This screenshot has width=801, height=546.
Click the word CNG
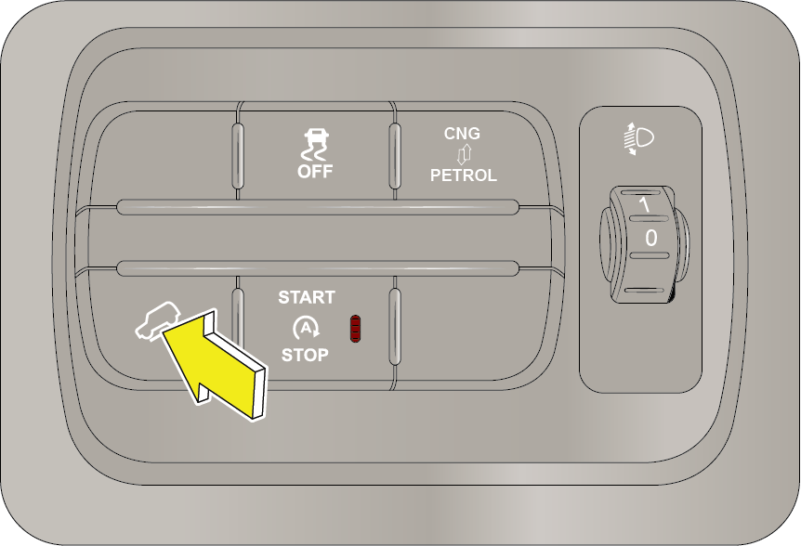tap(462, 133)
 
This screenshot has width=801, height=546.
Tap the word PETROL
tap(464, 175)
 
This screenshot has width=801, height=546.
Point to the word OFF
tap(315, 172)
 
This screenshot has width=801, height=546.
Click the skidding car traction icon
tap(316, 145)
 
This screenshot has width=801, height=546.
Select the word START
tap(307, 297)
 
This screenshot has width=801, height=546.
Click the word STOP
tap(305, 355)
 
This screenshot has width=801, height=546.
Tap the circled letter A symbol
tap(306, 328)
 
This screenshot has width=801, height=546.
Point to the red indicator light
tap(355, 329)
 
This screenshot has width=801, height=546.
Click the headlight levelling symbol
tap(639, 138)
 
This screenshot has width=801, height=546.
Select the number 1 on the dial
tap(645, 204)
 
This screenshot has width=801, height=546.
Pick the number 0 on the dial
tap(650, 238)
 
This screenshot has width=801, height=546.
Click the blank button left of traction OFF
tap(164, 153)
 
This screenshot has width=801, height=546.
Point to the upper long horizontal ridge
tap(318, 207)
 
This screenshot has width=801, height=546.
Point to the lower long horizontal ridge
tap(318, 268)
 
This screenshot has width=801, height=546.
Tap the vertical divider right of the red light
tap(394, 327)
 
